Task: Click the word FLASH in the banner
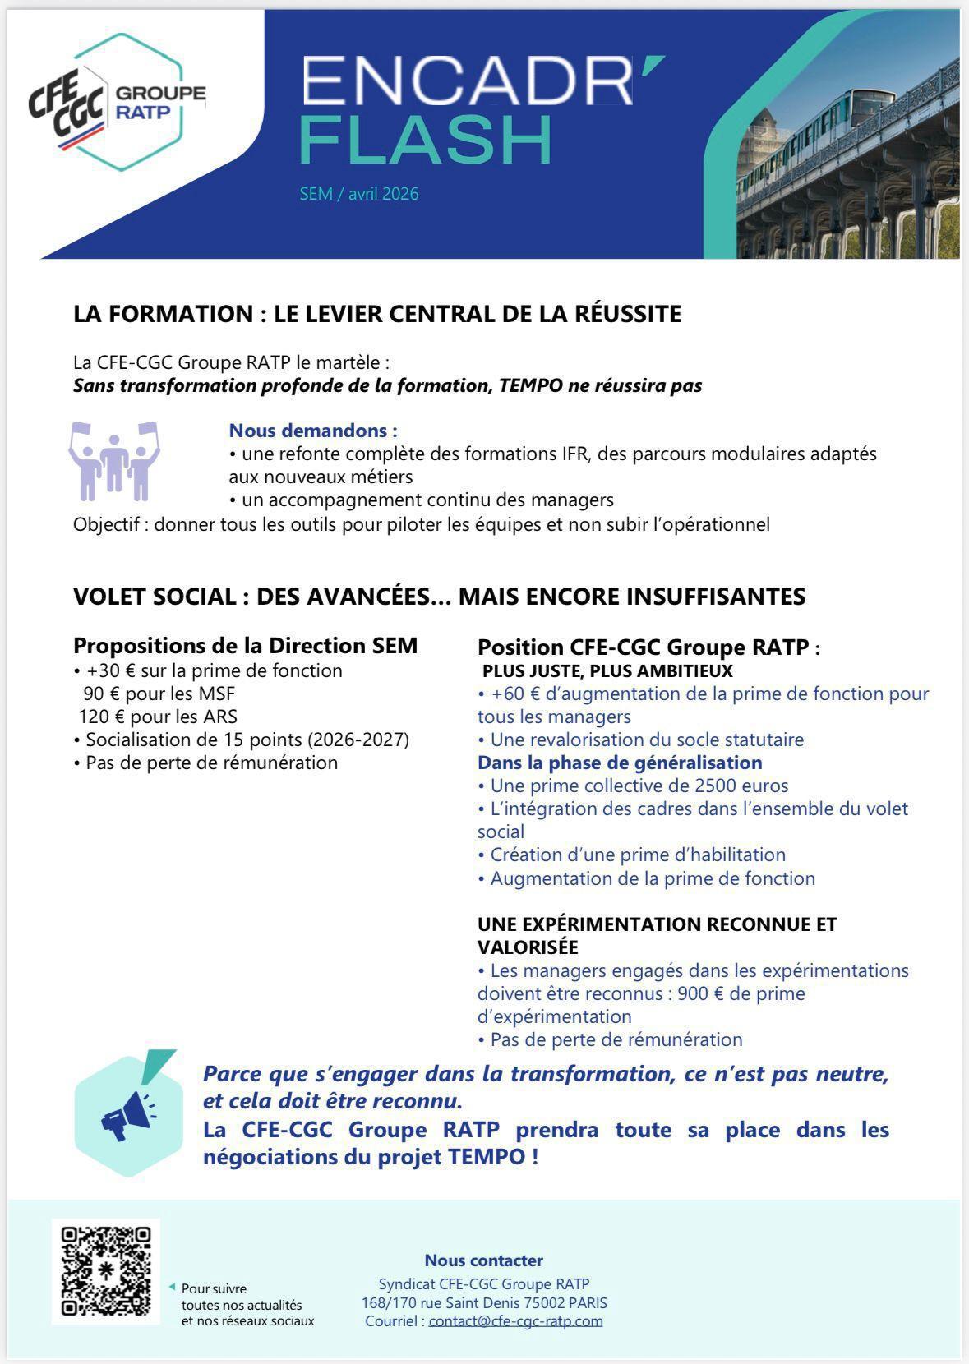click(x=425, y=141)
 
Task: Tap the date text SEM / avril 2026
click(x=359, y=194)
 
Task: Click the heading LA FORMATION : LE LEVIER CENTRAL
click(x=377, y=314)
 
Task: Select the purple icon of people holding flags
click(x=114, y=461)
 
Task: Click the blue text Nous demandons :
click(x=313, y=431)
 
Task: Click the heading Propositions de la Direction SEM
click(x=245, y=646)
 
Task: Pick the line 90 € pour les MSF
click(x=159, y=694)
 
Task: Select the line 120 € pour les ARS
click(x=158, y=717)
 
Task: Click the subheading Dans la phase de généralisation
click(x=620, y=763)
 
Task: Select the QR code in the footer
click(x=106, y=1270)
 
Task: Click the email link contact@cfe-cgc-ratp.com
click(x=515, y=1321)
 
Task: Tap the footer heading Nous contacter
click(x=483, y=1260)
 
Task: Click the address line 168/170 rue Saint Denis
click(x=484, y=1302)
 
